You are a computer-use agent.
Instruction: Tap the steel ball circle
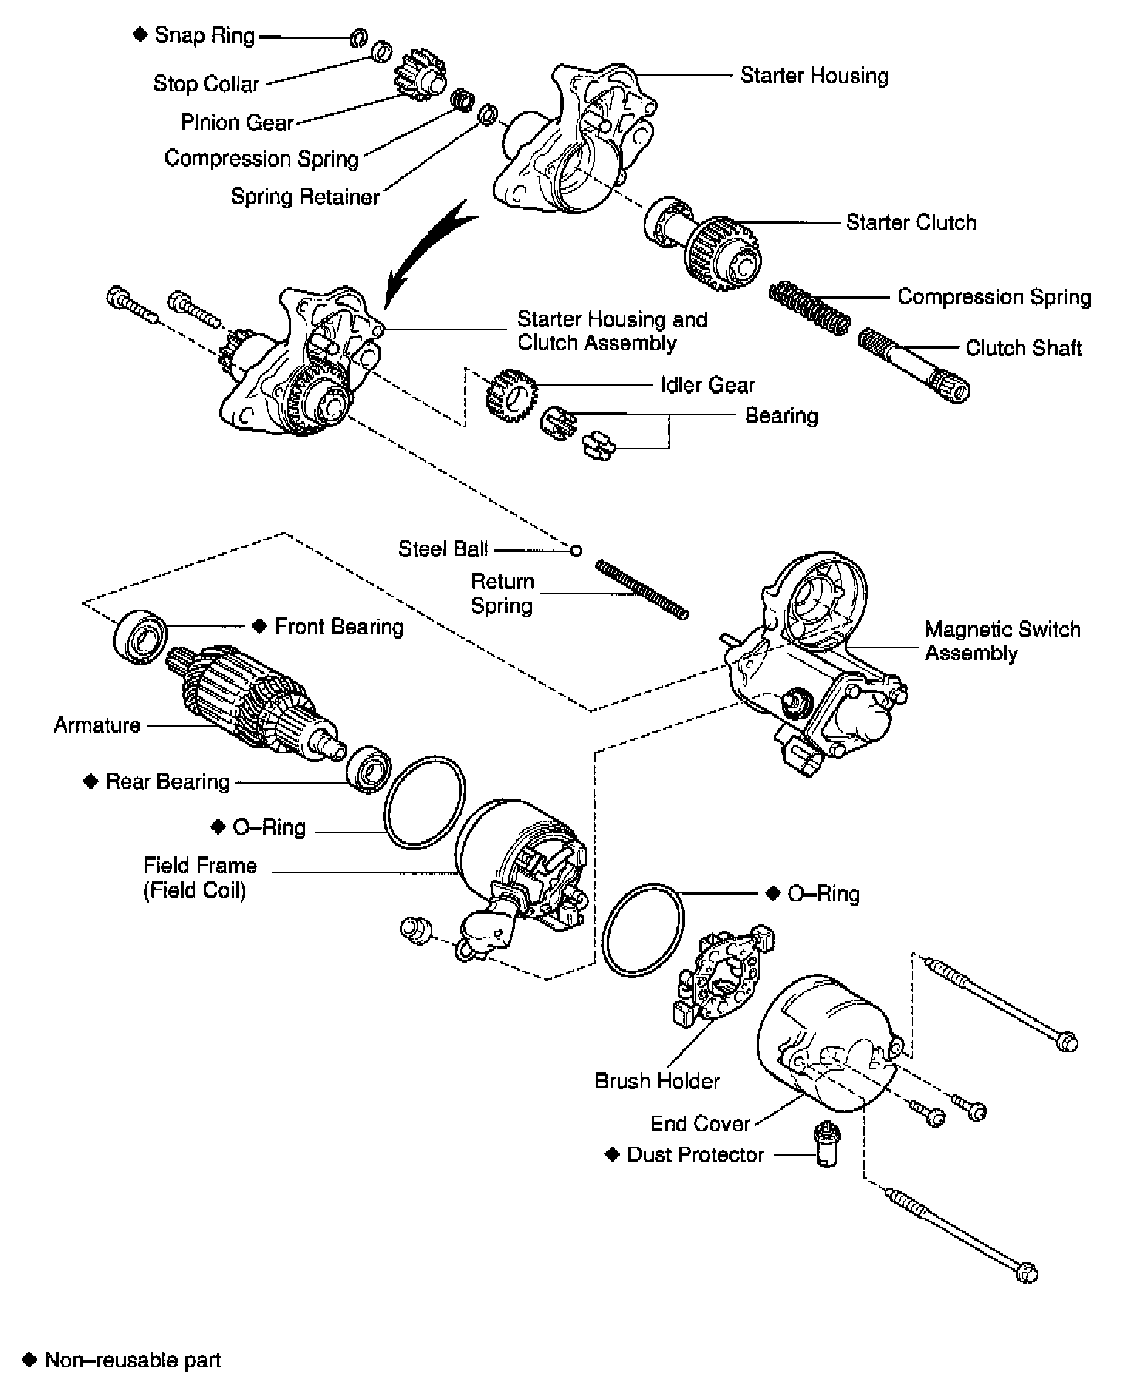click(575, 550)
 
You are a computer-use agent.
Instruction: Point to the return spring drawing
click(642, 589)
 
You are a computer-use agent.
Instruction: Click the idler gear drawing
click(510, 395)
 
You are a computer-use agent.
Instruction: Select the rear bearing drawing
click(369, 768)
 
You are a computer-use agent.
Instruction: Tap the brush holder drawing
click(723, 978)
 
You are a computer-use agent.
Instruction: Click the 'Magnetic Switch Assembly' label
click(1002, 641)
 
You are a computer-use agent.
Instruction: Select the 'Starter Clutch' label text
click(911, 223)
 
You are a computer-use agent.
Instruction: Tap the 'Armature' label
click(97, 725)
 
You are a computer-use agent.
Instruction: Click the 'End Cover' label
click(700, 1123)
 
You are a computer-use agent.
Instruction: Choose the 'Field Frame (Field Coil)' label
click(199, 878)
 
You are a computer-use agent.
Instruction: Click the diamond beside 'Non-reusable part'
click(29, 1360)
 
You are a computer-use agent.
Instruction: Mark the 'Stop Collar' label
click(206, 83)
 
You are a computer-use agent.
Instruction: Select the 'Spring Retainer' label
click(305, 197)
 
